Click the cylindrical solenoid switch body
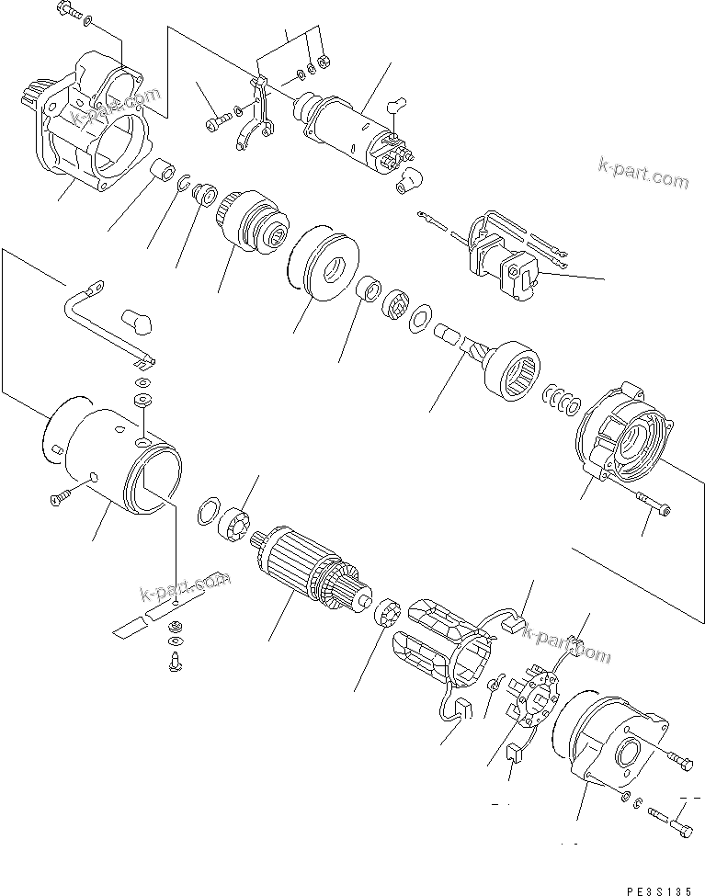pyautogui.click(x=349, y=130)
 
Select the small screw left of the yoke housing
pyautogui.click(x=56, y=497)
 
